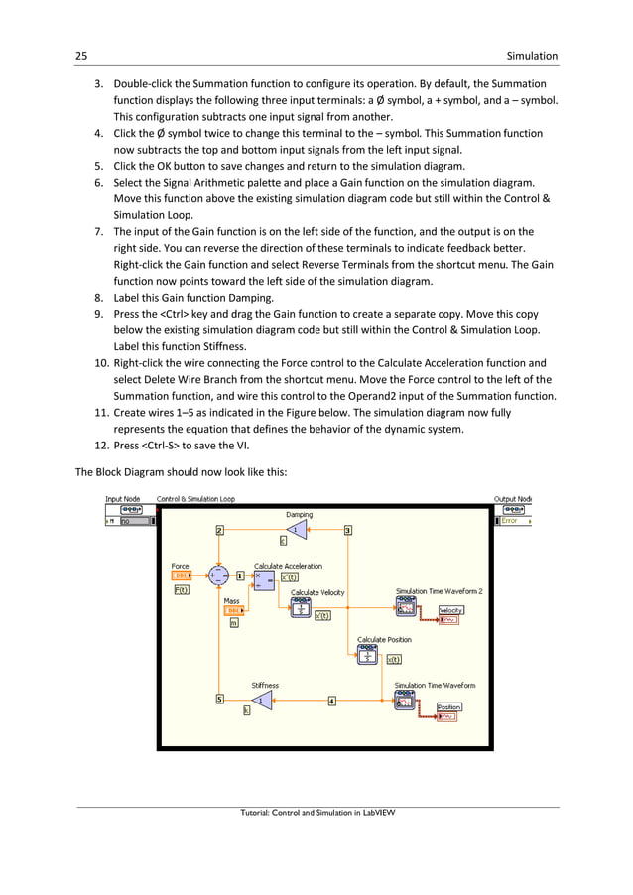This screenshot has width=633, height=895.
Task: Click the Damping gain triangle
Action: [294, 531]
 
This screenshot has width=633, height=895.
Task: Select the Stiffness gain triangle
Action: [260, 701]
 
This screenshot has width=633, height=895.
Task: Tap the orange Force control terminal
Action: [182, 575]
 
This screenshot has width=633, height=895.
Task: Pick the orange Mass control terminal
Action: [234, 610]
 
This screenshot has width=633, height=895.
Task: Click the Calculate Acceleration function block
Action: [265, 579]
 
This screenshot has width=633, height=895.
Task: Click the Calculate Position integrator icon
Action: [368, 655]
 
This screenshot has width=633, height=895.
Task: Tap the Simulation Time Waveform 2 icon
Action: [406, 607]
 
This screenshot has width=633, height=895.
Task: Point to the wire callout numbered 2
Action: [219, 530]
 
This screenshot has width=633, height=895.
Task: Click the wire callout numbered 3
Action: [348, 530]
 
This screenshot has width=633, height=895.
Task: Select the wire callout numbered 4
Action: [331, 701]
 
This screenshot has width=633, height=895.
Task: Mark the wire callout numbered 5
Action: [219, 700]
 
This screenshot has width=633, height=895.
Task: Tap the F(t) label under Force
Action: [182, 590]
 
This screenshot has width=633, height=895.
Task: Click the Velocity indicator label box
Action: [451, 610]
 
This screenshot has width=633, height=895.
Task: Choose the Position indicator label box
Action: [449, 707]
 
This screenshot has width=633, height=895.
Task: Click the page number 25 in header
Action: [83, 56]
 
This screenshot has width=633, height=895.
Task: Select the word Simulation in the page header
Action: [532, 56]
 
